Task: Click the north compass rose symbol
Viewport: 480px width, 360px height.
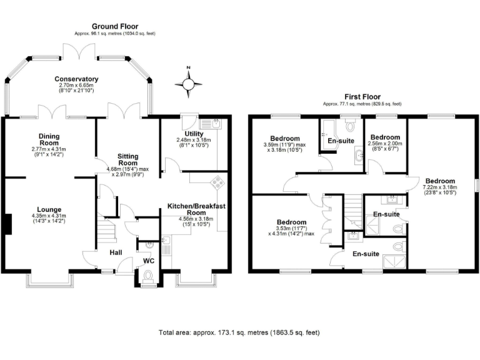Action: point(188,83)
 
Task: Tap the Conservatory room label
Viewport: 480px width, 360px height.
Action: point(77,79)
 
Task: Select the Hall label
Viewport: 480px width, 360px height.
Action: point(116,252)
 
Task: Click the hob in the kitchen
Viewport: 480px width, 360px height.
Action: point(218,182)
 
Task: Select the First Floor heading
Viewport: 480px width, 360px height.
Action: point(362,97)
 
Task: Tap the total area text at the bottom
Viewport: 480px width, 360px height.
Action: point(241,333)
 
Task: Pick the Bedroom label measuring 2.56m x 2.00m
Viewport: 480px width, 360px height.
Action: point(385,137)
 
